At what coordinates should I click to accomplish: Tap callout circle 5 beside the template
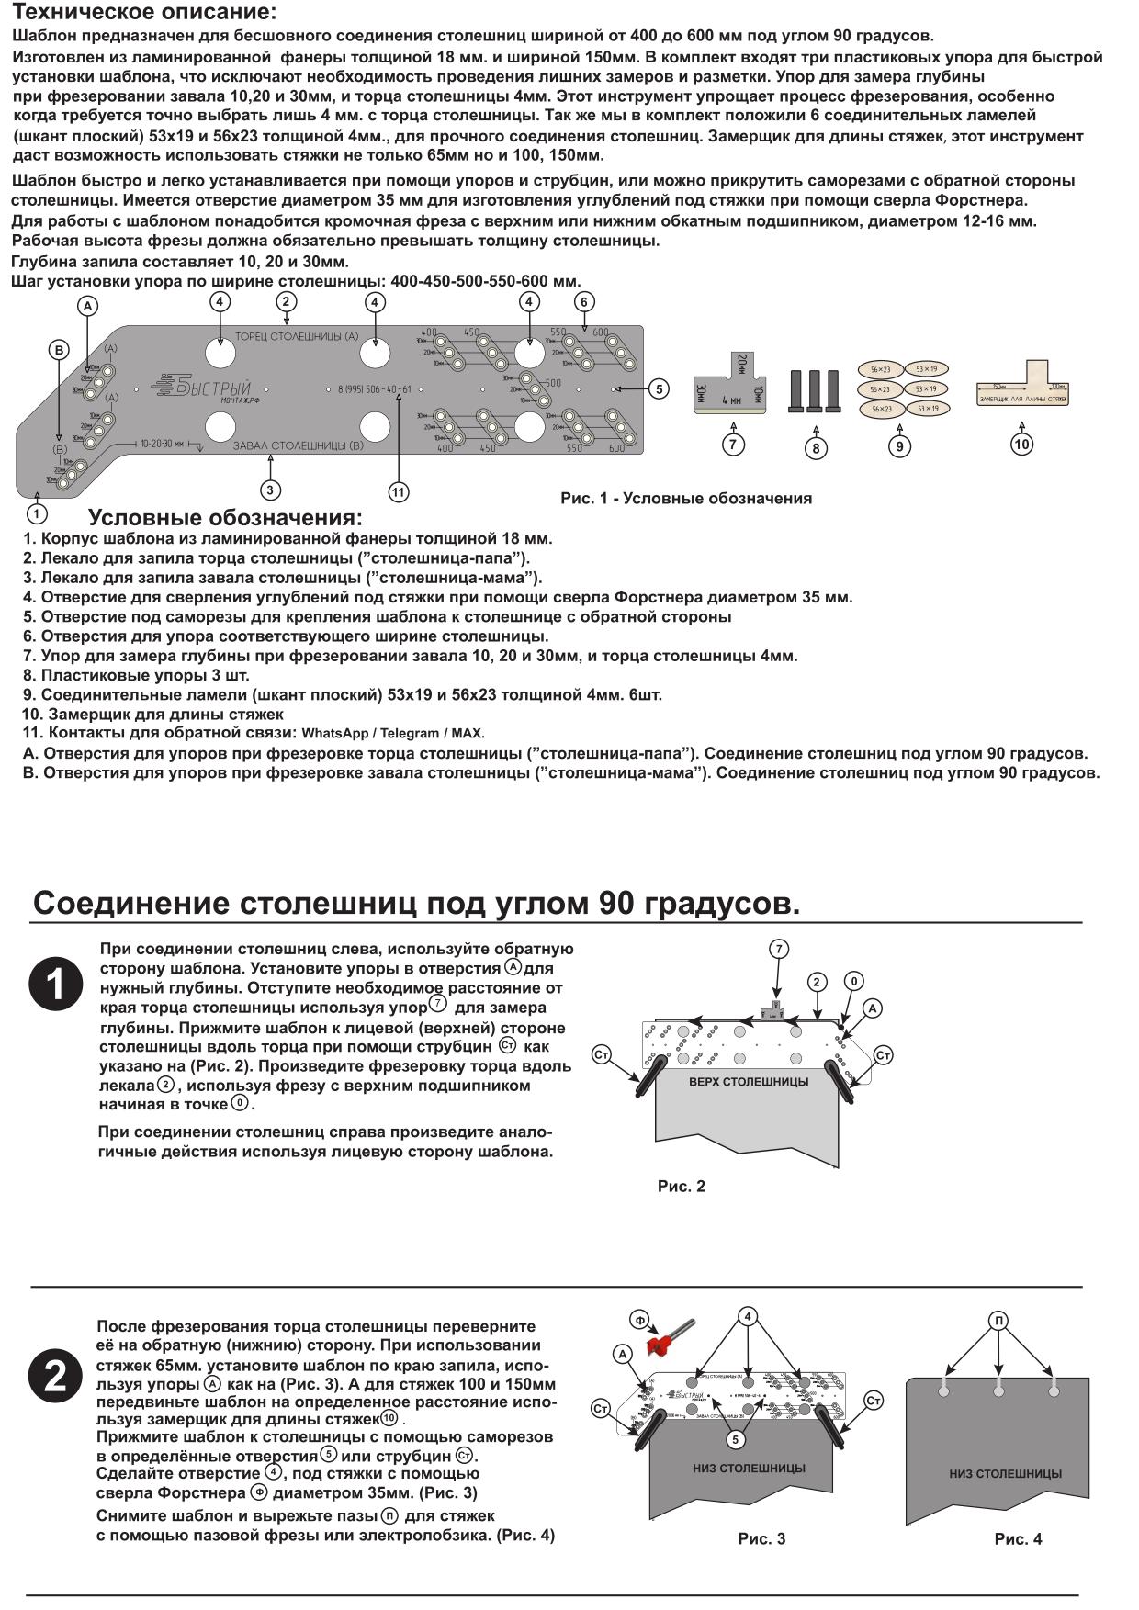[659, 388]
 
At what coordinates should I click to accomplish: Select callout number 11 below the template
[398, 492]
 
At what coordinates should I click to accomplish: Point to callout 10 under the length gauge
[1021, 444]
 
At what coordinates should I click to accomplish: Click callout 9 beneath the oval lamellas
[899, 446]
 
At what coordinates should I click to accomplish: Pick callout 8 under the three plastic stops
[816, 448]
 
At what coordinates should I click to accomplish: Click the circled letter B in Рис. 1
[58, 349]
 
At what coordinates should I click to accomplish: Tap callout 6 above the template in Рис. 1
[584, 301]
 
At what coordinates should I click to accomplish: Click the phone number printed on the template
[375, 389]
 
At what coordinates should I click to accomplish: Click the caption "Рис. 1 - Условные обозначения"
[686, 499]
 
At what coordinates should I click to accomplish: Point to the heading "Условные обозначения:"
[225, 518]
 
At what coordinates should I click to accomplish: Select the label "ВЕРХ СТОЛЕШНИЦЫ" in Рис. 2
[749, 1082]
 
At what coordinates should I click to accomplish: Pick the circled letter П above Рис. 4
[999, 1321]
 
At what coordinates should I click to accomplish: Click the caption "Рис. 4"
[1018, 1539]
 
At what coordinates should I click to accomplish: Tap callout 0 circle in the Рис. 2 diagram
[853, 982]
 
